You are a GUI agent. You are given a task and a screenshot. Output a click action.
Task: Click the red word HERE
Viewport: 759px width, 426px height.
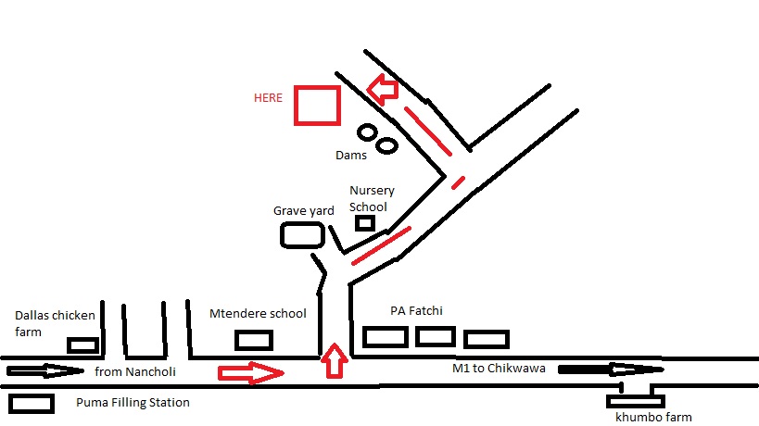(269, 98)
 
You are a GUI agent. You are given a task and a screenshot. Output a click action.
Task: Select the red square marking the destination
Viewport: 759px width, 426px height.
(317, 105)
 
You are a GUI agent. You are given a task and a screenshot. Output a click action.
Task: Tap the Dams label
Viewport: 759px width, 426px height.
(351, 156)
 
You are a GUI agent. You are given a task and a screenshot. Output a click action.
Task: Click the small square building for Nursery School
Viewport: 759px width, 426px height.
(364, 222)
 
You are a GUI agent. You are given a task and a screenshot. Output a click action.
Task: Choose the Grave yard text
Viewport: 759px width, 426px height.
(303, 211)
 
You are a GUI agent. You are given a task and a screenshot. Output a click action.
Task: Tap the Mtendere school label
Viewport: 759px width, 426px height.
(258, 313)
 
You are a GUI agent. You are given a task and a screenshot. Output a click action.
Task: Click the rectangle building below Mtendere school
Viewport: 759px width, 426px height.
(254, 340)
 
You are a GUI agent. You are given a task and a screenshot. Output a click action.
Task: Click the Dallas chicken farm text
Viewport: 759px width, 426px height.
(55, 323)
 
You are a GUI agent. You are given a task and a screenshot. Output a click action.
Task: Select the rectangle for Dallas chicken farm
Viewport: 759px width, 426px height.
(82, 345)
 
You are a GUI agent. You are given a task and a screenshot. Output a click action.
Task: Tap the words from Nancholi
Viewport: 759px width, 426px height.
(134, 371)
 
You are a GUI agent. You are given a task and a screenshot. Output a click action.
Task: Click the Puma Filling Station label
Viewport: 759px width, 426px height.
(133, 403)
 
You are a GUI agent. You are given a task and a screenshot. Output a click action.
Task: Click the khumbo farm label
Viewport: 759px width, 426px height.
(654, 418)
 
